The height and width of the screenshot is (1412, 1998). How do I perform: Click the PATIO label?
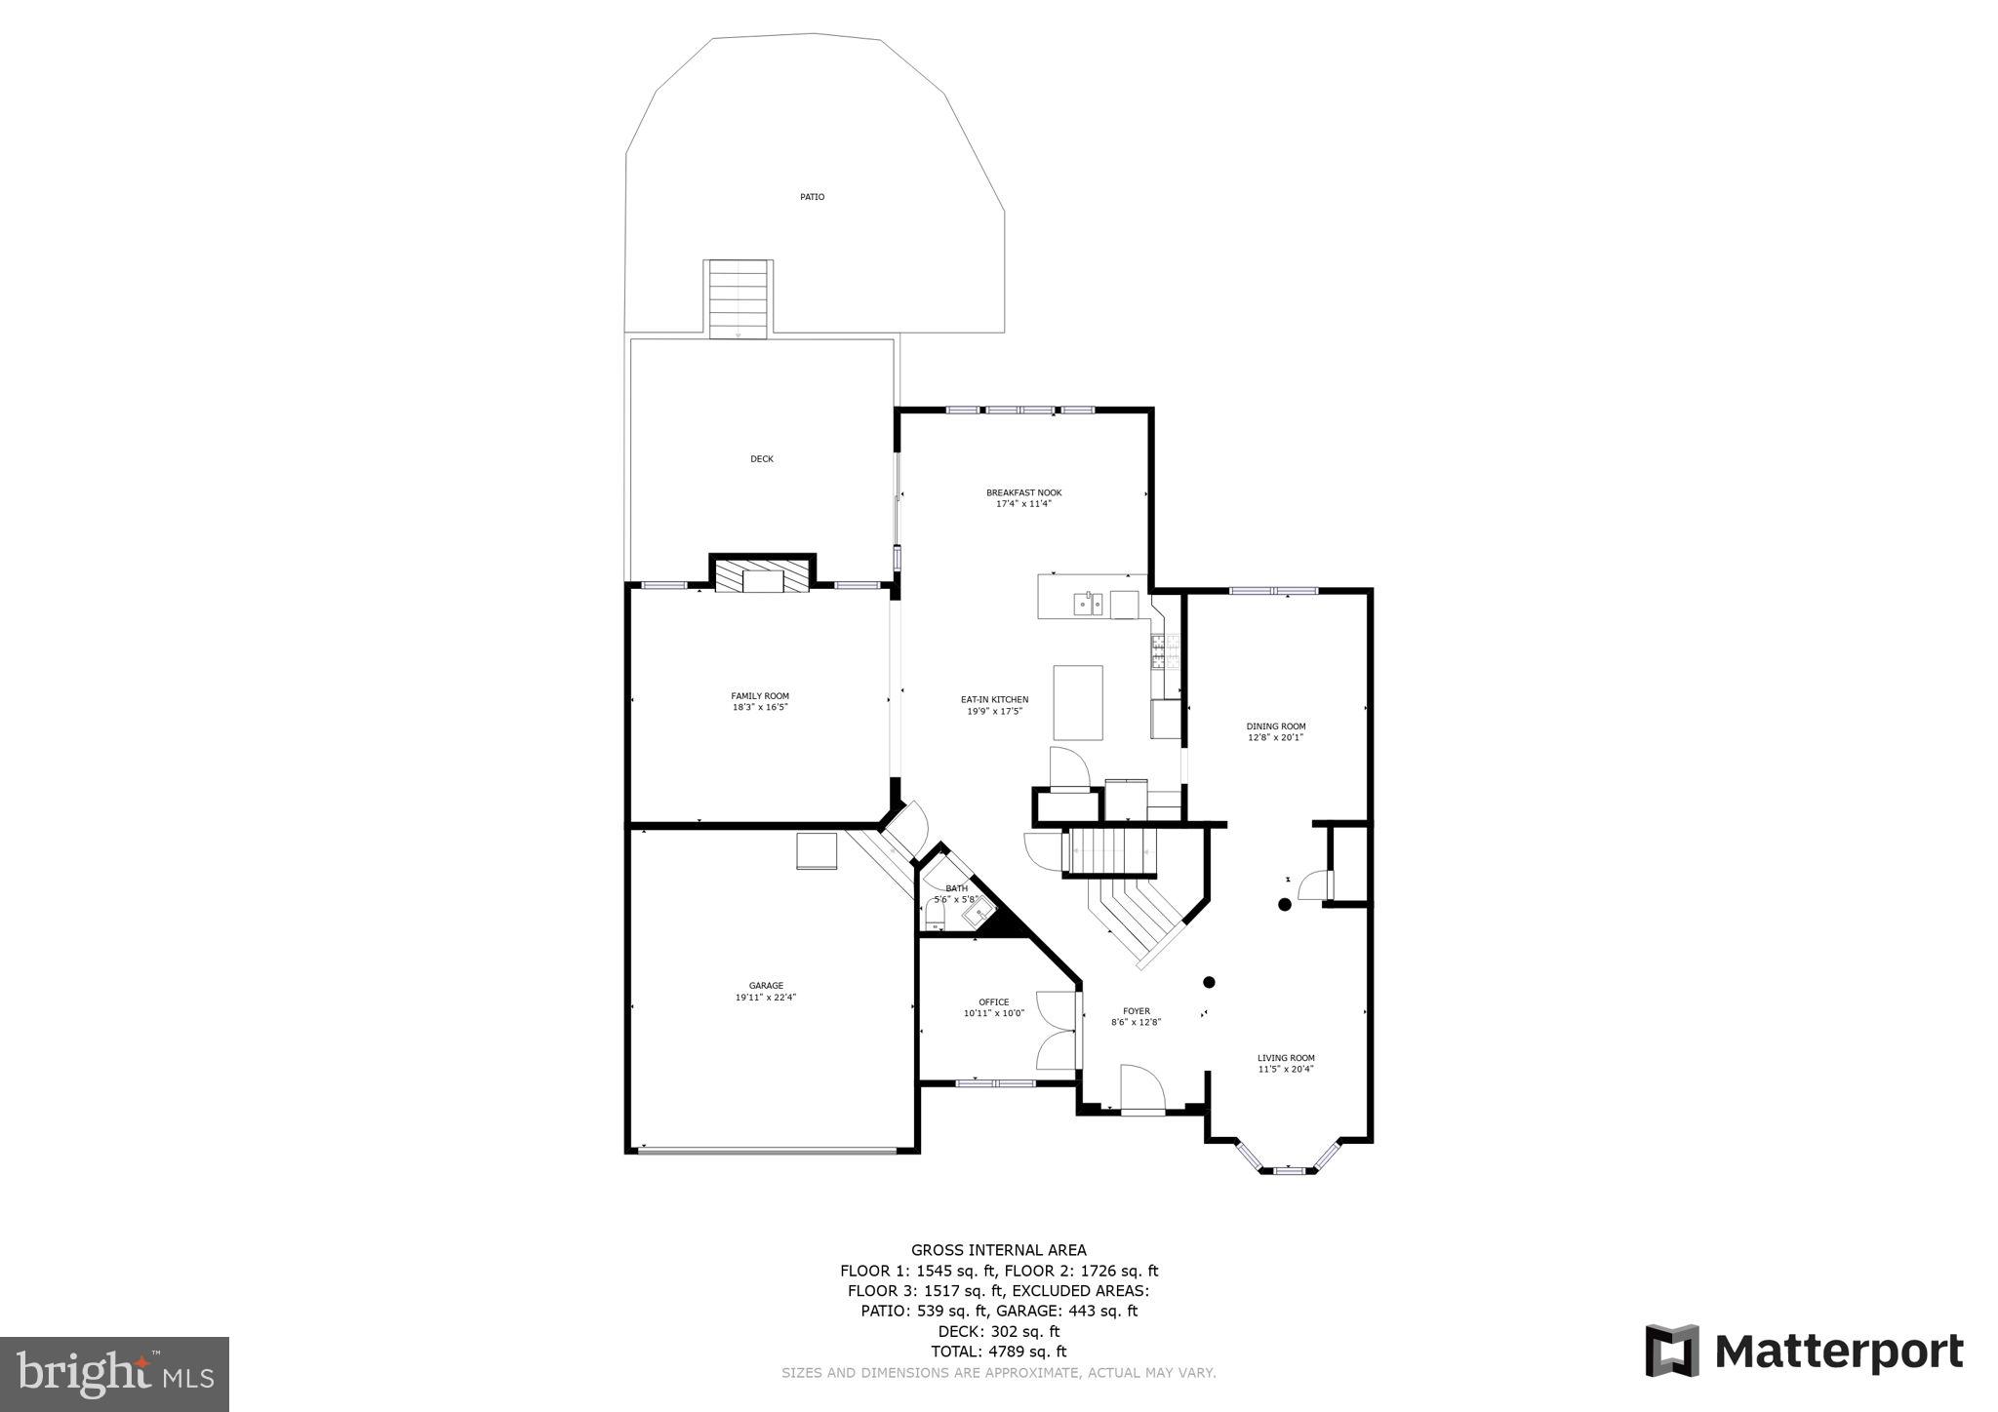pyautogui.click(x=812, y=197)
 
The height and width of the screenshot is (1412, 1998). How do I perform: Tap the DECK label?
pyautogui.click(x=762, y=459)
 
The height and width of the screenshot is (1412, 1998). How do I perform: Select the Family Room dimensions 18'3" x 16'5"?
pyautogui.click(x=760, y=707)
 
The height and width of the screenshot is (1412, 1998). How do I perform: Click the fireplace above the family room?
pyautogui.click(x=762, y=576)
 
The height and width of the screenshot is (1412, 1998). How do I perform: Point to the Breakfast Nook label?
pyautogui.click(x=1023, y=492)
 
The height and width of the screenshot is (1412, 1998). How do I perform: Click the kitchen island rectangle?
pyautogui.click(x=1078, y=702)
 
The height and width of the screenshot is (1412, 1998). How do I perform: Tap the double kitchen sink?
pyautogui.click(x=1089, y=605)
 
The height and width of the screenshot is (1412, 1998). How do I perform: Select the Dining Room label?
pyautogui.click(x=1275, y=726)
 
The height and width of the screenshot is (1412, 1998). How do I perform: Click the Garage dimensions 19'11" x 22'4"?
pyautogui.click(x=766, y=998)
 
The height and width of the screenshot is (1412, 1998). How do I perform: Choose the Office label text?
pyautogui.click(x=994, y=1001)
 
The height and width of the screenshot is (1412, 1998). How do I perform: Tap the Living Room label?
pyautogui.click(x=1286, y=1057)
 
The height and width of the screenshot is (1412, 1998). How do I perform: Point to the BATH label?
pyautogui.click(x=956, y=887)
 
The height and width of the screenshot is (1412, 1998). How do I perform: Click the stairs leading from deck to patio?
pyautogui.click(x=739, y=298)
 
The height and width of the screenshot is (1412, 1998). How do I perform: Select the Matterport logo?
pyautogui.click(x=1804, y=1353)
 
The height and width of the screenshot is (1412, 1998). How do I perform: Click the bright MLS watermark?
pyautogui.click(x=114, y=1374)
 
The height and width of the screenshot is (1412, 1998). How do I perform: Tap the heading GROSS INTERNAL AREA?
pyautogui.click(x=998, y=1249)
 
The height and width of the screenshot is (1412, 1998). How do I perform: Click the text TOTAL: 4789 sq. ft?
pyautogui.click(x=998, y=1352)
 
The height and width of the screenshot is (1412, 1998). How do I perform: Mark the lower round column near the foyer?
pyautogui.click(x=1209, y=982)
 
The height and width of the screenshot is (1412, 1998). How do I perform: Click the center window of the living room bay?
pyautogui.click(x=1289, y=1169)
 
